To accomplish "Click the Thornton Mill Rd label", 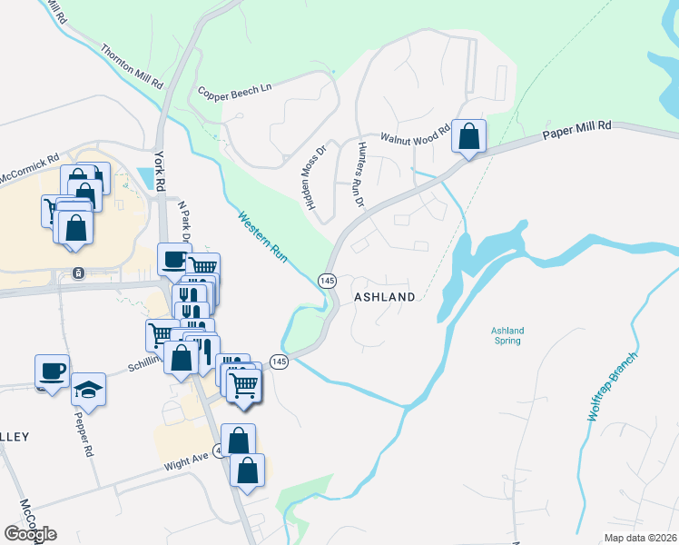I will tap(132, 66).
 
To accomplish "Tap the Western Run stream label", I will tap(263, 238).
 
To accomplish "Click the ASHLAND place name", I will tap(384, 297).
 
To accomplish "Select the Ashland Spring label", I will tap(507, 336).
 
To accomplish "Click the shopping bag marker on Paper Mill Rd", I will tap(468, 137).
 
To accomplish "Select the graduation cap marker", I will tap(88, 390).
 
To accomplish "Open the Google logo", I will tap(30, 534).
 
